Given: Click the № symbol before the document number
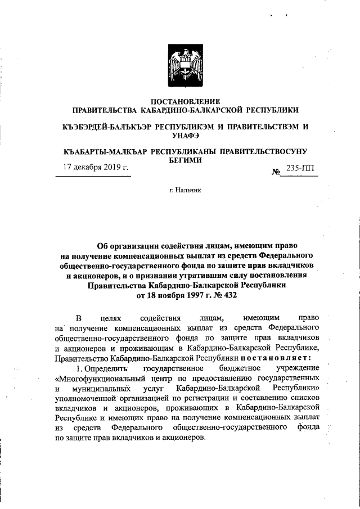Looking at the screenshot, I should tap(276, 169).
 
